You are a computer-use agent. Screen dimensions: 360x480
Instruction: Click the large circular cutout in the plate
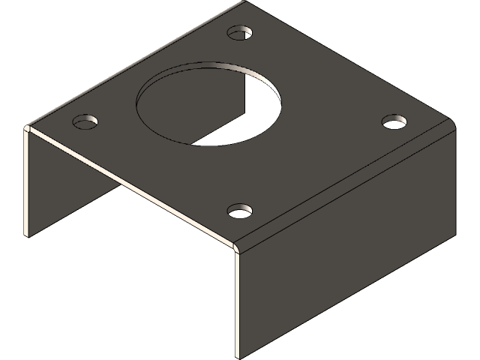[209, 104]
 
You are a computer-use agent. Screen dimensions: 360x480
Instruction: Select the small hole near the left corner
[87, 121]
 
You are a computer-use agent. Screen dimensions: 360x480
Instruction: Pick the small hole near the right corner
[394, 121]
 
